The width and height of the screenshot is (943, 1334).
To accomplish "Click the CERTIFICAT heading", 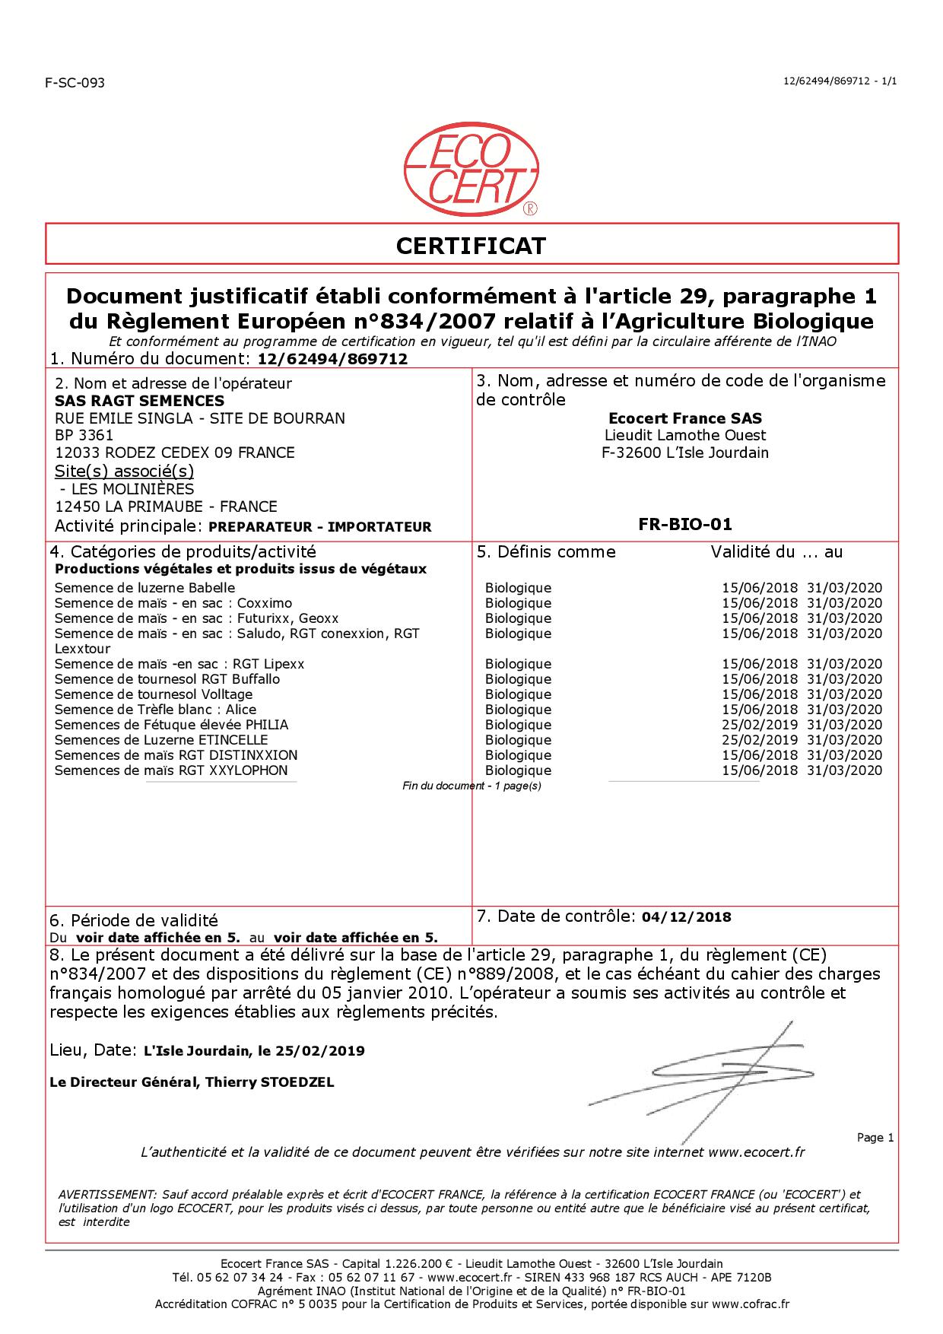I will (x=471, y=246).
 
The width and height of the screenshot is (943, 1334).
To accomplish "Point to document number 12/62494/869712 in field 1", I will (x=333, y=359).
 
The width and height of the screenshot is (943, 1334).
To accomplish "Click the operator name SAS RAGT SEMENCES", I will (x=140, y=401).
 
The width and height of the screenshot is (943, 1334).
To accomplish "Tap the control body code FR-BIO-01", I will (x=685, y=524).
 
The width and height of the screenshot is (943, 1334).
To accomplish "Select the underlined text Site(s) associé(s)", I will (x=125, y=471).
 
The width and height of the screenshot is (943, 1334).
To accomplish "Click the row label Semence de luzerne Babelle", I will (x=144, y=588).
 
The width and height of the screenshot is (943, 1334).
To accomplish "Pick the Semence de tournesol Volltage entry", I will (x=154, y=694).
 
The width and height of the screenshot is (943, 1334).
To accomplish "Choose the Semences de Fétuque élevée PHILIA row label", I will (x=171, y=725).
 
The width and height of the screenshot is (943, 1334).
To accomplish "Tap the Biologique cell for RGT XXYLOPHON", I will (x=518, y=770).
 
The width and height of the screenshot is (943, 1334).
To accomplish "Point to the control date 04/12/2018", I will (x=687, y=917).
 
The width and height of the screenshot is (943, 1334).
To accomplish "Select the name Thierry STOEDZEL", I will (x=270, y=1082).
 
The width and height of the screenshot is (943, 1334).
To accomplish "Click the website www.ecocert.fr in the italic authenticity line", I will (x=756, y=1152).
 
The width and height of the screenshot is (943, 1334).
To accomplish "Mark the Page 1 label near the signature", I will (x=875, y=1138).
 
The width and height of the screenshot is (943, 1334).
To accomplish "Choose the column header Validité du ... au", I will (x=776, y=552).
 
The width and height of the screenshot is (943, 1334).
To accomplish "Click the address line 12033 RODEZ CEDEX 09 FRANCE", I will (x=175, y=453).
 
